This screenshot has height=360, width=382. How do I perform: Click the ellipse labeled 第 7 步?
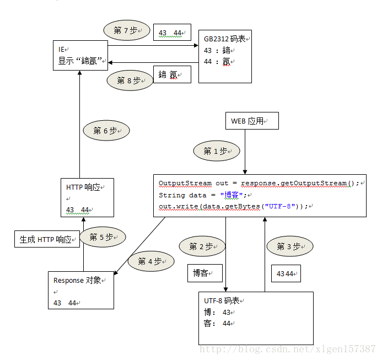(x=126, y=31)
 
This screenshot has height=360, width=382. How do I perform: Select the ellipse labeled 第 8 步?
(x=130, y=80)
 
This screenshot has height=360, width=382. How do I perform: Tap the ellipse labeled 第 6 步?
(x=106, y=131)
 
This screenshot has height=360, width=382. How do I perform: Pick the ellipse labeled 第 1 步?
(x=216, y=151)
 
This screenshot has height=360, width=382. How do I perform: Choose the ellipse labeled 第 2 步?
(x=202, y=246)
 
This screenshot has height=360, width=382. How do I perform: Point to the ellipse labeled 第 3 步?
(x=290, y=246)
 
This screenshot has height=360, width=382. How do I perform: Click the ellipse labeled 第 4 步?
(x=150, y=261)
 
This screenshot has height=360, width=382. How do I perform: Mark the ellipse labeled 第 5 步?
(x=102, y=237)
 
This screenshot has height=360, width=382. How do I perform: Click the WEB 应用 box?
(x=252, y=121)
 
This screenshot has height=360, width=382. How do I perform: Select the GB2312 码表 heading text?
(x=225, y=39)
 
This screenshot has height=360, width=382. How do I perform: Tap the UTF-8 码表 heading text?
(x=223, y=301)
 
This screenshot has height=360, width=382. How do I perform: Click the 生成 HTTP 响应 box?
(x=46, y=240)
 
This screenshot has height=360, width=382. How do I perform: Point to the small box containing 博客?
(x=204, y=272)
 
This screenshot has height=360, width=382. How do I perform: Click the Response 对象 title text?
(x=79, y=280)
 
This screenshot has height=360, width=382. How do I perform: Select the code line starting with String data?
(x=204, y=195)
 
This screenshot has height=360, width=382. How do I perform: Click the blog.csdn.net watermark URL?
(x=287, y=349)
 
